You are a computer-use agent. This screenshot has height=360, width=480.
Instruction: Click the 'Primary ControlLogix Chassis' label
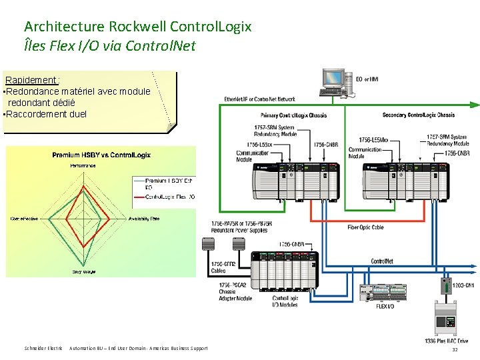point(293,115)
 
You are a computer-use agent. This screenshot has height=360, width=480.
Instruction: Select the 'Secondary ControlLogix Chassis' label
point(418,115)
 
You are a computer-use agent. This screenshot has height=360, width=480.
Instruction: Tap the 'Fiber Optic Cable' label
point(365,227)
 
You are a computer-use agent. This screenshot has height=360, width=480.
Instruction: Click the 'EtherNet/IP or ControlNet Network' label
point(259,99)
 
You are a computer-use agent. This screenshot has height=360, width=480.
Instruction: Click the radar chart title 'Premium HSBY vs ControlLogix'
point(101,155)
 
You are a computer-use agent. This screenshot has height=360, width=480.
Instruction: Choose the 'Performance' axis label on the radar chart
point(83,165)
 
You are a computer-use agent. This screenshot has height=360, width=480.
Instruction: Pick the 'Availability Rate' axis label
point(144,218)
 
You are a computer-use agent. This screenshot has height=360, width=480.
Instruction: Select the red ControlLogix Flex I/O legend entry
point(169,197)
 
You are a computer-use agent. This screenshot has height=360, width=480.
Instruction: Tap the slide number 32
point(455,349)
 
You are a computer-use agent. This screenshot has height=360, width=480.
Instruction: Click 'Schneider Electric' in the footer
point(43,348)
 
